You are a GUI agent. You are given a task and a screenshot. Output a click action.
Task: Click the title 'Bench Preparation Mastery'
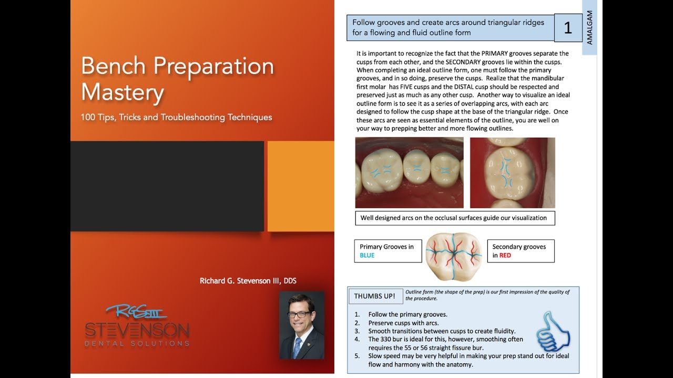(177, 79)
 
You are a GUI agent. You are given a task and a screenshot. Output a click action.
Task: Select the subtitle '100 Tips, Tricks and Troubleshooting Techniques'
(176, 117)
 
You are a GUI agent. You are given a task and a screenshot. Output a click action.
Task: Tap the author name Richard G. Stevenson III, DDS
(248, 281)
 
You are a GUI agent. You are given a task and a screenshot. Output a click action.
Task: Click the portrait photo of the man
(301, 325)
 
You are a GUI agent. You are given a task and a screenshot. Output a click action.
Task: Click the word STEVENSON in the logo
(137, 331)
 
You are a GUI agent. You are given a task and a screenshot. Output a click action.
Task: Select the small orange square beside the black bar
(300, 186)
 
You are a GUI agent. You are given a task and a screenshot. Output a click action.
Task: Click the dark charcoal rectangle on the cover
(167, 186)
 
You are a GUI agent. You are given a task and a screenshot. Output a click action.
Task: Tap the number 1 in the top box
(567, 28)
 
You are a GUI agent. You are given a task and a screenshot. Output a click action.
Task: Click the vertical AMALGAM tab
(589, 28)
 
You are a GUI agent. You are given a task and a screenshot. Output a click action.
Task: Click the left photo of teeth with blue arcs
(409, 173)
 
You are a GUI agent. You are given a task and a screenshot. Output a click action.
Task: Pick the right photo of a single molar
(512, 173)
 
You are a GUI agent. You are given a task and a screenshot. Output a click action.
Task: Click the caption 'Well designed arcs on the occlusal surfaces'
(454, 218)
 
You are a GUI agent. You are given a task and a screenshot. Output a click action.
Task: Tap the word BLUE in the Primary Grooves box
(367, 255)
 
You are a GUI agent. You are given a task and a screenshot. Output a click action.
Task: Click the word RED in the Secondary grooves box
(505, 256)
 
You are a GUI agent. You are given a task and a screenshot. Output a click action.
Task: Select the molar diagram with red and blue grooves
(454, 251)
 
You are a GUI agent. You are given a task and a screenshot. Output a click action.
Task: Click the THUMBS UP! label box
(374, 296)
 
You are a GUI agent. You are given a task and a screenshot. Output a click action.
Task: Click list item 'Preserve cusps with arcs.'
(403, 323)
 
